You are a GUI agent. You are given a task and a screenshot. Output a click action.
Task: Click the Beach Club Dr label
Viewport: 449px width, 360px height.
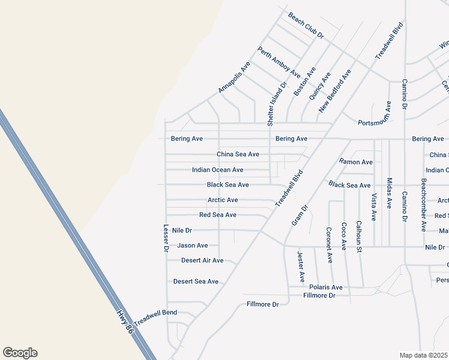(306, 25)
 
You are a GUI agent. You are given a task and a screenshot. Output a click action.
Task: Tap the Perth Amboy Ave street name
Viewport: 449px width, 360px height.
(279, 62)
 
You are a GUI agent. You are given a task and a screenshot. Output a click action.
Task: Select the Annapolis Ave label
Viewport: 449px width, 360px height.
(234, 77)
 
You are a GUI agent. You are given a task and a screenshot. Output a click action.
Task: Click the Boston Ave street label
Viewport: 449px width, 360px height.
(304, 82)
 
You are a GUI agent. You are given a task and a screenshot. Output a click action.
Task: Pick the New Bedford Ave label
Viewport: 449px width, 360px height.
(334, 91)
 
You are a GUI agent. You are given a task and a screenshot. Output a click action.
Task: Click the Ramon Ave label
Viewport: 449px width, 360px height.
(356, 162)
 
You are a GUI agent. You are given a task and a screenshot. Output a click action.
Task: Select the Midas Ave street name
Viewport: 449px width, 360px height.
(390, 193)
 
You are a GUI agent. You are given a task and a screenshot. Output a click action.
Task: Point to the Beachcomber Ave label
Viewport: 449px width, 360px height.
(424, 205)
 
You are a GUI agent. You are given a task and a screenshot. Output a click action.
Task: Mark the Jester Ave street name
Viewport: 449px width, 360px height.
(301, 267)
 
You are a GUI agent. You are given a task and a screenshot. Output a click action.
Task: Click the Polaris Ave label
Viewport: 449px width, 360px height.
(326, 287)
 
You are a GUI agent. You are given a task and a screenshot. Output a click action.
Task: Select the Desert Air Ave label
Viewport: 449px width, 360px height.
(202, 260)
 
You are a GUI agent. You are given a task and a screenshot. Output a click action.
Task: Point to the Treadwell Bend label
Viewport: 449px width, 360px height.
(155, 318)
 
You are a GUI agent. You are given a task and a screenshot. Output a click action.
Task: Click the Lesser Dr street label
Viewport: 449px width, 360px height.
(166, 238)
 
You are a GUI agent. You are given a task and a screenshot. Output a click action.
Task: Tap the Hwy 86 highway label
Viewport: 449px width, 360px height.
(124, 323)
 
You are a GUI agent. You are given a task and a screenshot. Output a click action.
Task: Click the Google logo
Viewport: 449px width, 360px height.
(20, 353)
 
